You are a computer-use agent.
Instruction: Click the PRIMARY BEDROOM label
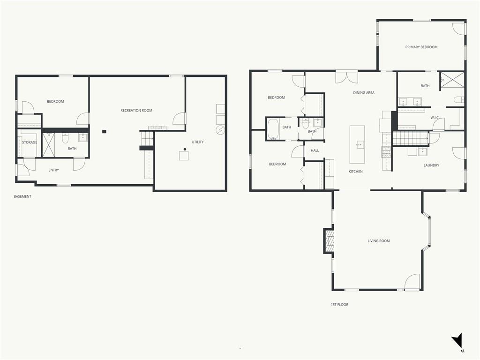421,47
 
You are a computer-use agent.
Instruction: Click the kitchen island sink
360,144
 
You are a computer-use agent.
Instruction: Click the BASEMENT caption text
22,196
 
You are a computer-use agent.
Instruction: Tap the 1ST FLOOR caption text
339,305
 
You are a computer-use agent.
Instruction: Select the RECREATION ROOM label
136,111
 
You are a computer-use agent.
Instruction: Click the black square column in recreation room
104,132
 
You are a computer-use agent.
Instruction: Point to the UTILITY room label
197,142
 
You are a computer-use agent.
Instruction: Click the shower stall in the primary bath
452,81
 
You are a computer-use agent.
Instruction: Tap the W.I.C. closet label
435,118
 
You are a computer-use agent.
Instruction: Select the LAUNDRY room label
431,165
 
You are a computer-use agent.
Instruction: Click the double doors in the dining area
346,77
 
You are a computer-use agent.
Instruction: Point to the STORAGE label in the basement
30,142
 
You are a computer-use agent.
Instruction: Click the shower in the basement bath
48,145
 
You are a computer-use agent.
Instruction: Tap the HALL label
315,150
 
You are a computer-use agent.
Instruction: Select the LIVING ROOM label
379,241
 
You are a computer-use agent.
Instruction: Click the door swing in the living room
412,282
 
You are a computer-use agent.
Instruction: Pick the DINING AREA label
364,93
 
